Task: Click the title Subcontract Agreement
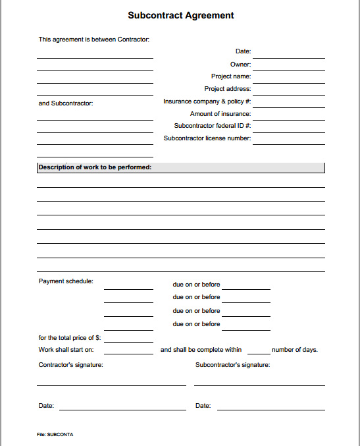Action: pos(180,15)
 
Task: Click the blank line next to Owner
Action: pos(288,68)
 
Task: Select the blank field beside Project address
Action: pos(288,93)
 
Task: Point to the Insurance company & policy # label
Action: pos(207,101)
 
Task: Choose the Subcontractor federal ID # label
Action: pos(212,126)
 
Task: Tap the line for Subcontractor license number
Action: pos(288,143)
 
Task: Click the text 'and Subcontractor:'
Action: pos(66,103)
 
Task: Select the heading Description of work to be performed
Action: pos(95,167)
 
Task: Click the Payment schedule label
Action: pos(66,281)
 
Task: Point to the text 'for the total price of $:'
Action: pos(70,338)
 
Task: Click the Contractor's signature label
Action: pos(70,364)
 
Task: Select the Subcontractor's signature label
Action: pos(232,364)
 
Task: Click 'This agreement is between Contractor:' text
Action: pos(94,40)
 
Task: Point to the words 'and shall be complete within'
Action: pos(201,350)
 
